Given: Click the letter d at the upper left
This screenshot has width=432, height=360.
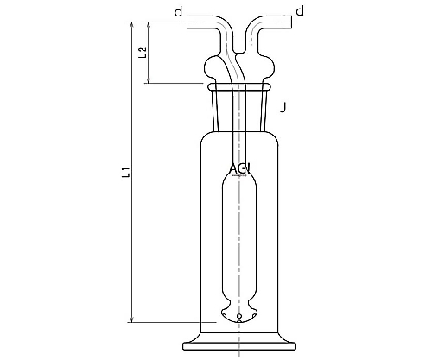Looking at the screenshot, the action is click(x=179, y=12).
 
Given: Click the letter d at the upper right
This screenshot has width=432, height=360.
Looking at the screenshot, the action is click(x=300, y=11).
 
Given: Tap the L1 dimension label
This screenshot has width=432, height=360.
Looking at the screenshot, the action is click(x=126, y=172).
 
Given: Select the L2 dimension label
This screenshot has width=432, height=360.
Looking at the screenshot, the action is click(x=143, y=53).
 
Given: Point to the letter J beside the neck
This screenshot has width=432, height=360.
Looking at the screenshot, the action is click(x=283, y=107).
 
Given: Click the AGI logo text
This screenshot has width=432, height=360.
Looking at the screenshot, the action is click(x=240, y=168).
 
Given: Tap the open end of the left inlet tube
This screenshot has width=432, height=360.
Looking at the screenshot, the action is click(x=187, y=22).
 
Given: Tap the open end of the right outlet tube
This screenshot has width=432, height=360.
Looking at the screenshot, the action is click(x=291, y=22).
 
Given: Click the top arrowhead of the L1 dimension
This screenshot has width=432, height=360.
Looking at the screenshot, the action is click(x=132, y=25).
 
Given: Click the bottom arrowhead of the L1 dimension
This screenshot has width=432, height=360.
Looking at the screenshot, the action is click(x=132, y=319).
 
